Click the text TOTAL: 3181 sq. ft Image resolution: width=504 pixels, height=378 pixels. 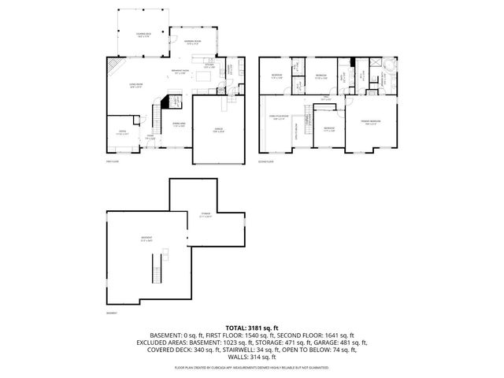coord(251,327)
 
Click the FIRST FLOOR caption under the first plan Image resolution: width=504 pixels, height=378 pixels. coord(111,162)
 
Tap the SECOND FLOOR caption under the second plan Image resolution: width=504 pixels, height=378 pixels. coord(267,162)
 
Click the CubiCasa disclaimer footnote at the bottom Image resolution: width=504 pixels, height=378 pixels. coord(251,367)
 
